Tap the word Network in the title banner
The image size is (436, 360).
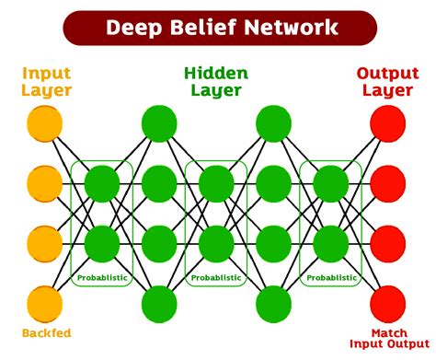(x=293, y=27)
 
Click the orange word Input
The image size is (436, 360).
(x=46, y=72)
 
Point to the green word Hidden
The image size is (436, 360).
(x=215, y=72)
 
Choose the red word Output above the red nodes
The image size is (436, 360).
(x=386, y=72)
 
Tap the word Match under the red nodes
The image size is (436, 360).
(x=389, y=332)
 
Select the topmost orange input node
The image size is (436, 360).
(x=45, y=123)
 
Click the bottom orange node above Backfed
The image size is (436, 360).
(x=45, y=303)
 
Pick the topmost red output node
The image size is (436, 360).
(x=387, y=123)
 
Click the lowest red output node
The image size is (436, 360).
(x=387, y=303)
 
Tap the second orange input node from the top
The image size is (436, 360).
(x=45, y=183)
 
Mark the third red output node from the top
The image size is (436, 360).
(x=387, y=243)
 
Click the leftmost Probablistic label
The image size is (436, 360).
(x=102, y=277)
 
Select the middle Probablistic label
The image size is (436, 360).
(x=216, y=277)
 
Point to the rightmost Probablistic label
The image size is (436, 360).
(x=330, y=277)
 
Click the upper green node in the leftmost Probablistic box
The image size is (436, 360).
(x=102, y=183)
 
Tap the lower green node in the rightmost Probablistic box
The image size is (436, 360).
(x=330, y=243)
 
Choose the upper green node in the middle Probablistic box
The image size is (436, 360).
(x=216, y=183)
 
